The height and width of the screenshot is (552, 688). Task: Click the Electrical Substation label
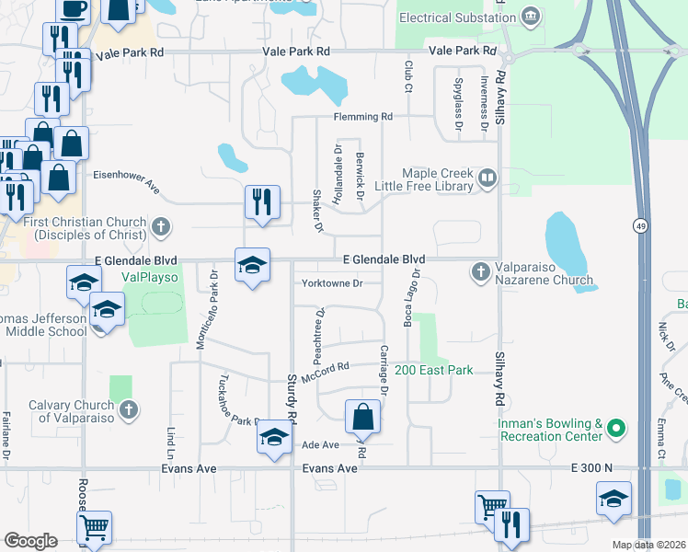click(x=457, y=17)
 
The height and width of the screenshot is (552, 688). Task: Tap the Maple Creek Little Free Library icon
click(x=487, y=178)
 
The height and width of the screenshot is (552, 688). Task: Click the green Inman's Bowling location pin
click(x=618, y=428)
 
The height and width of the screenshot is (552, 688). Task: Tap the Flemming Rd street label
click(x=363, y=117)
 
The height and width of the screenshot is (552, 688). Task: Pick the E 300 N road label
click(x=591, y=468)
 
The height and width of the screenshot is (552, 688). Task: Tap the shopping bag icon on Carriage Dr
click(x=363, y=417)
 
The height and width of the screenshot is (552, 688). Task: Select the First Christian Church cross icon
click(x=160, y=224)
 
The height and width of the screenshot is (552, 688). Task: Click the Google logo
click(x=30, y=541)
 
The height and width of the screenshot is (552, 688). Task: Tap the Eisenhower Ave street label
click(x=127, y=182)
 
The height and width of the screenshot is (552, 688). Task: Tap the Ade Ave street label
click(x=321, y=444)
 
